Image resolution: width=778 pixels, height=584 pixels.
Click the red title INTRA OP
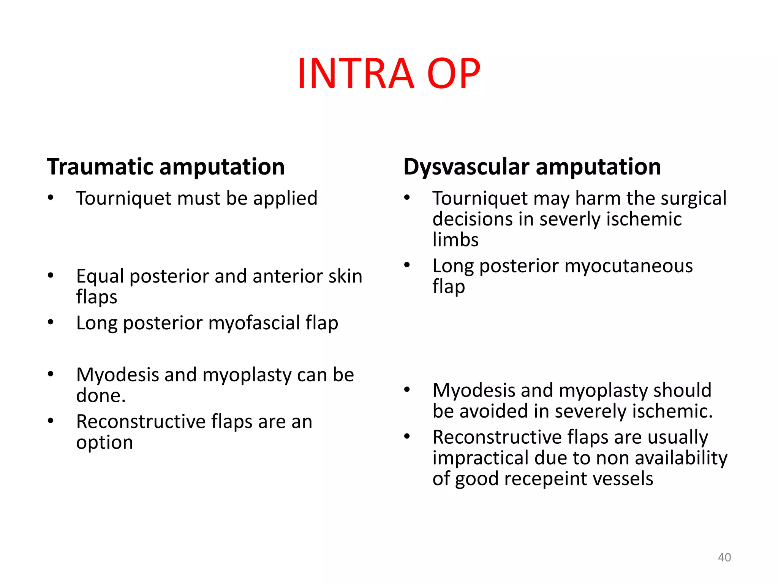click(x=389, y=73)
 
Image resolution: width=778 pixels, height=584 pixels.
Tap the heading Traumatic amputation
click(x=166, y=167)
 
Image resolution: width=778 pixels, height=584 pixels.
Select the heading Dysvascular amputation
click(x=532, y=167)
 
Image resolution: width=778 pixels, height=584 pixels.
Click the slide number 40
click(x=724, y=557)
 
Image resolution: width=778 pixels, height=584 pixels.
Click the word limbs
click(x=455, y=240)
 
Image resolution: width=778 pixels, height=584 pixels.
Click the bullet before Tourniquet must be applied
click(x=51, y=198)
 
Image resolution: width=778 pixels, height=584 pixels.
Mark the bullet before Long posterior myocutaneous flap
click(x=407, y=265)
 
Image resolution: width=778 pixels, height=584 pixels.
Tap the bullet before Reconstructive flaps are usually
click(x=407, y=436)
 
